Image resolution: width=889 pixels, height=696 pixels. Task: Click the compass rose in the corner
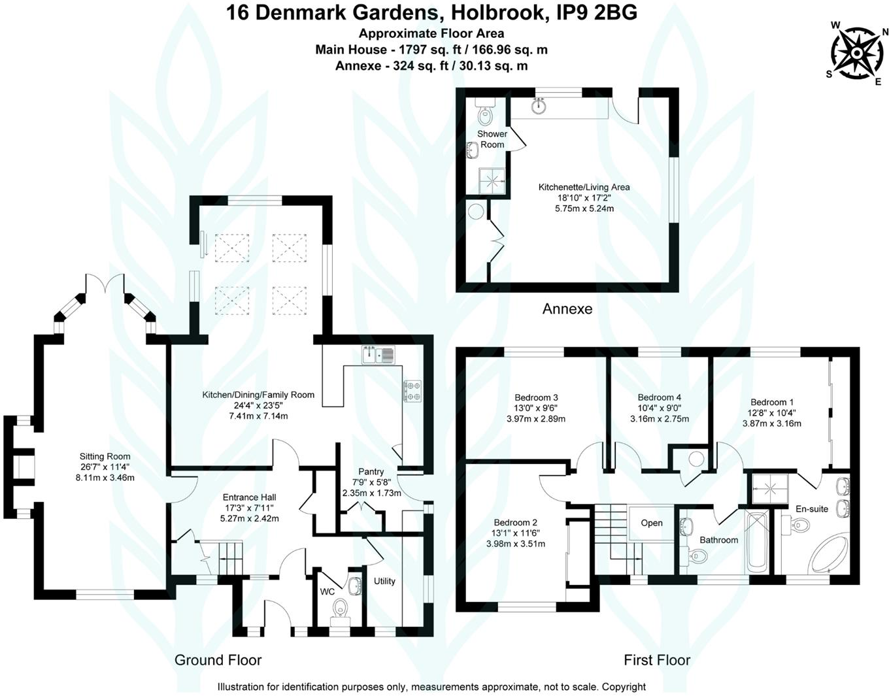pos(856,52)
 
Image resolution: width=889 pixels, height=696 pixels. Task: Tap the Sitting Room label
pos(105,456)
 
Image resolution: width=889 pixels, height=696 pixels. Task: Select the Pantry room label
pos(371,471)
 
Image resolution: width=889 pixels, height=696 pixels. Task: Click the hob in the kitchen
pos(412,391)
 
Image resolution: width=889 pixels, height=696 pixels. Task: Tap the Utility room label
pos(384,581)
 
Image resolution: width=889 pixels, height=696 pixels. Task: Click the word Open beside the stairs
pos(651,523)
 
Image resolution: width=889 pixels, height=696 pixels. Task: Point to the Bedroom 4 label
pos(659,397)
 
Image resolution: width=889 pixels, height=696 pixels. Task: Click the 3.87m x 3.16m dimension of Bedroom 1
pos(771,423)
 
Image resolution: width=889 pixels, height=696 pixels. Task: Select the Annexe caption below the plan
pos(567,309)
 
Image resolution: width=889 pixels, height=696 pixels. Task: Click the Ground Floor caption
pos(218,660)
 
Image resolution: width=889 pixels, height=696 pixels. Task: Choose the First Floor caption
pos(656,660)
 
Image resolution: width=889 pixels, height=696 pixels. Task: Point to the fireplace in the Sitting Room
pos(25,468)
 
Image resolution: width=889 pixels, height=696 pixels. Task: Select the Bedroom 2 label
pos(515,522)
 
